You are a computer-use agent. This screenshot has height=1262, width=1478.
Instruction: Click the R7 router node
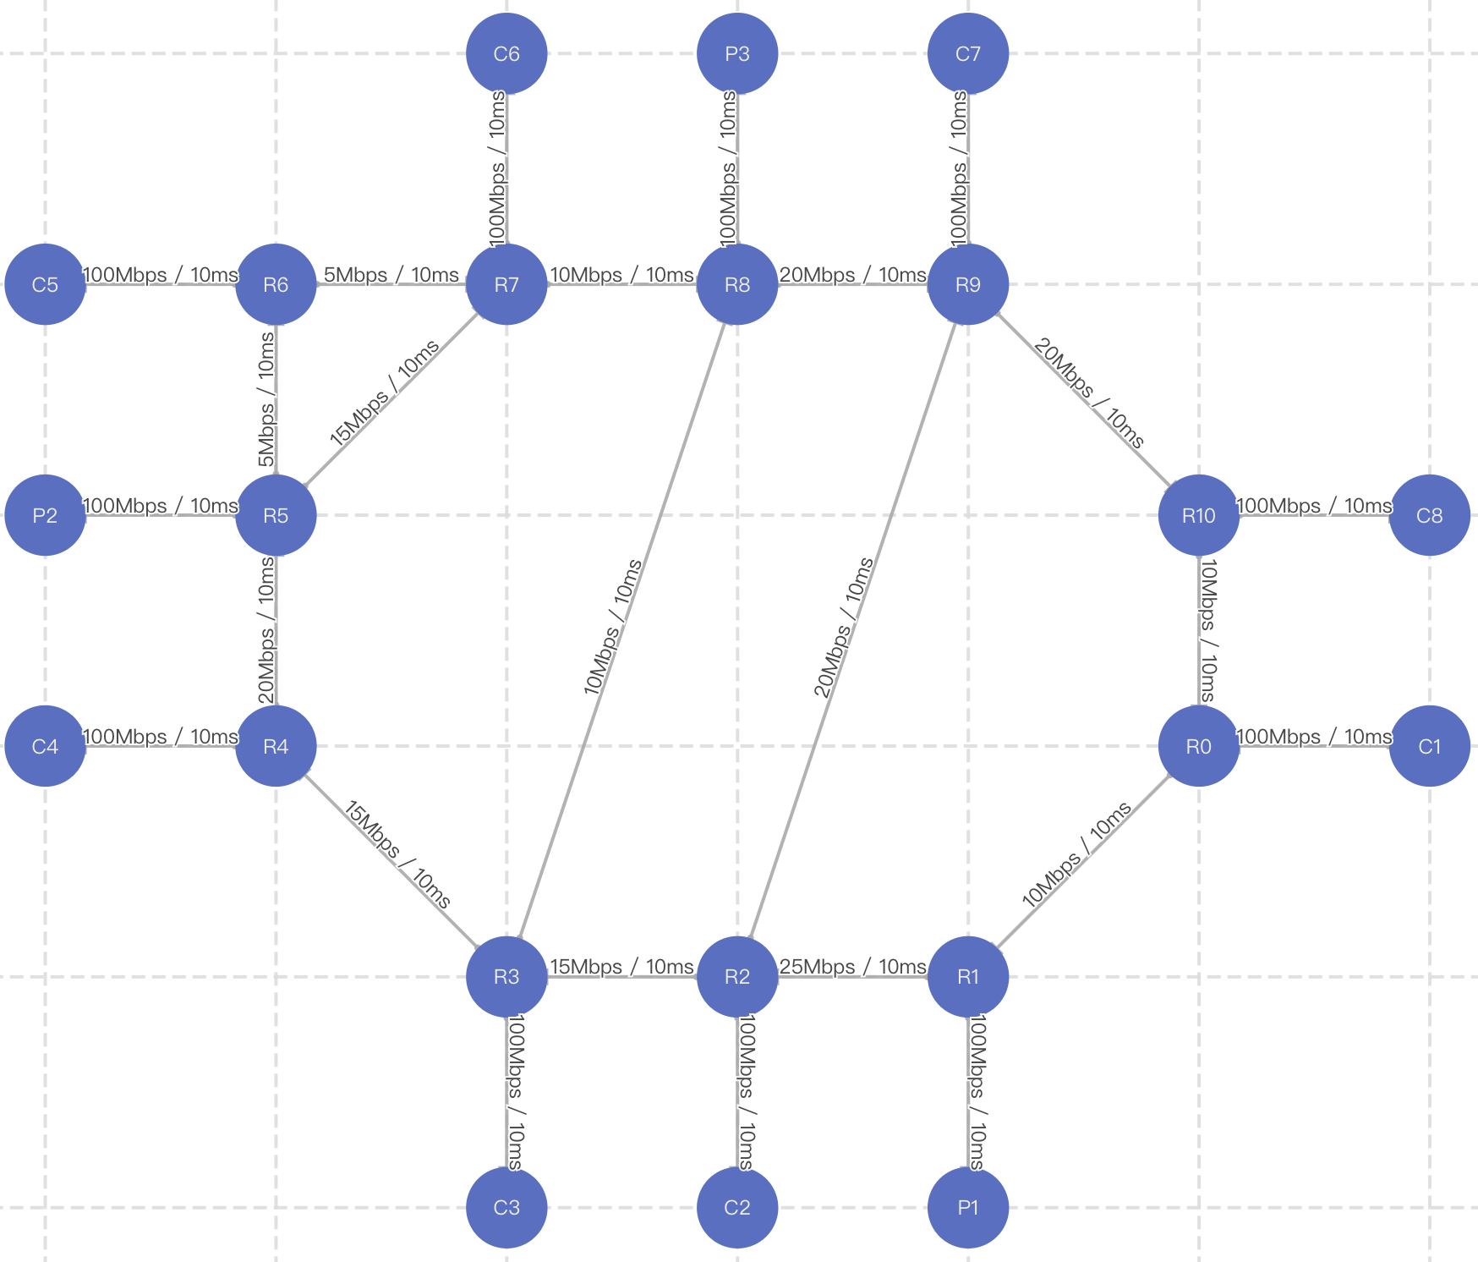coord(506,284)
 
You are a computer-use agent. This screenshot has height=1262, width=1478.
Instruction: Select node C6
coord(506,53)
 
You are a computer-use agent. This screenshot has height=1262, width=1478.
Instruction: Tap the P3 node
coord(737,53)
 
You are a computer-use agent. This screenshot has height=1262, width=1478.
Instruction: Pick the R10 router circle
coord(1199,515)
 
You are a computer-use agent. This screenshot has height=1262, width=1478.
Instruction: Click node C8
coord(1430,515)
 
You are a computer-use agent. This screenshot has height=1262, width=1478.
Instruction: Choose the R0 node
coord(1199,746)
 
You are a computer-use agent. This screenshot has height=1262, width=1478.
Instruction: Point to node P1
coord(968,1208)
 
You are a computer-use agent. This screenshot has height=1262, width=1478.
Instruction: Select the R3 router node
coord(506,977)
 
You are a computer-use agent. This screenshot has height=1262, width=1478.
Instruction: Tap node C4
coord(45,746)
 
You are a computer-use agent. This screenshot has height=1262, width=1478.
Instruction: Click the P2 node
coord(45,515)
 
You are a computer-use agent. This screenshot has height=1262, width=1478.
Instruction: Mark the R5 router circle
coord(276,515)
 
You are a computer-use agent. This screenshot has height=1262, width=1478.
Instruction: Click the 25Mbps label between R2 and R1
coord(852,967)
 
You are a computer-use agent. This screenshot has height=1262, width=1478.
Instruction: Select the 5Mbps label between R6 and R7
coord(391,275)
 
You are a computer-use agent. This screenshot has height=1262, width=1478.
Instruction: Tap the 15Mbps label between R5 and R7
coord(385,392)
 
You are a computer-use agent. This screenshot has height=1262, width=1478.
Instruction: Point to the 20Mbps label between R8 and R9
coord(852,275)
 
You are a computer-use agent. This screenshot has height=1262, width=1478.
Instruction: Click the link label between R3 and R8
coord(613,627)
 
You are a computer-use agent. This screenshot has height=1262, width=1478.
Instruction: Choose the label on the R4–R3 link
coord(397,855)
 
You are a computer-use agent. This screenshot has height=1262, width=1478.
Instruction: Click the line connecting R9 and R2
coord(853,630)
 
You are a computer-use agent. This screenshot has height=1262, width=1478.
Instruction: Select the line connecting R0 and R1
coord(1083,862)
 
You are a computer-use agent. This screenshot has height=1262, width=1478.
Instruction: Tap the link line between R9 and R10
coord(1083,400)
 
